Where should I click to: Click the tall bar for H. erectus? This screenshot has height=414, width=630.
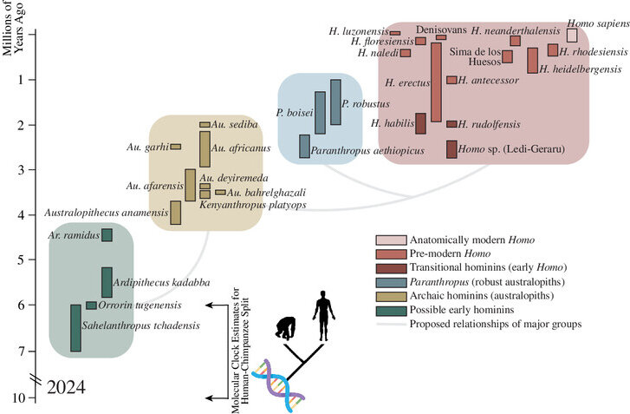[436, 82]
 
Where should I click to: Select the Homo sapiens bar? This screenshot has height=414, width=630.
[572, 35]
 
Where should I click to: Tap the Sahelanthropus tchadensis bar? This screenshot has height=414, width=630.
[75, 328]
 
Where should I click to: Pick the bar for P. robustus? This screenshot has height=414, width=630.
[335, 102]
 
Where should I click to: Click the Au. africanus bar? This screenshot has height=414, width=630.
[205, 149]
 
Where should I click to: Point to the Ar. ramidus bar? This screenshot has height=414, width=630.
[107, 235]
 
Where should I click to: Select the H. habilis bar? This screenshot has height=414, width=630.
[420, 123]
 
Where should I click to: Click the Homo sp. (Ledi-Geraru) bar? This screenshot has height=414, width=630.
[451, 149]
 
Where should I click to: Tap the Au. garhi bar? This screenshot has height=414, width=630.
[176, 147]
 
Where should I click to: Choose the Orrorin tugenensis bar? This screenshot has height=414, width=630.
[91, 306]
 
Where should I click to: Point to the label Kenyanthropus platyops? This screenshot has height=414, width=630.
[253, 205]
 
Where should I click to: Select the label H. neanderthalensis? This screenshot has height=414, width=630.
[516, 30]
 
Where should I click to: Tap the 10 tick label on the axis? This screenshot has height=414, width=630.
[18, 398]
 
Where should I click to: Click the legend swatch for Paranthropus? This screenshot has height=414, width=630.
[391, 282]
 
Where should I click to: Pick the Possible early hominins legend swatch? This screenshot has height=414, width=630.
[391, 310]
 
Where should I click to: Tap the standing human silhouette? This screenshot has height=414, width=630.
[323, 316]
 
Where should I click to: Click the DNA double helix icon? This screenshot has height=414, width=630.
[278, 385]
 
